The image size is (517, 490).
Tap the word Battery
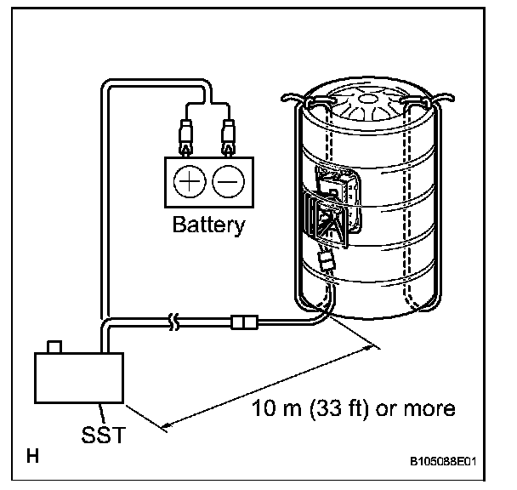pyautogui.click(x=208, y=225)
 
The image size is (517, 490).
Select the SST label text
pyautogui.click(x=105, y=436)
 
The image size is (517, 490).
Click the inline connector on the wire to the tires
pyautogui.click(x=244, y=322)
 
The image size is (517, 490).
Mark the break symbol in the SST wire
pyautogui.click(x=175, y=322)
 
